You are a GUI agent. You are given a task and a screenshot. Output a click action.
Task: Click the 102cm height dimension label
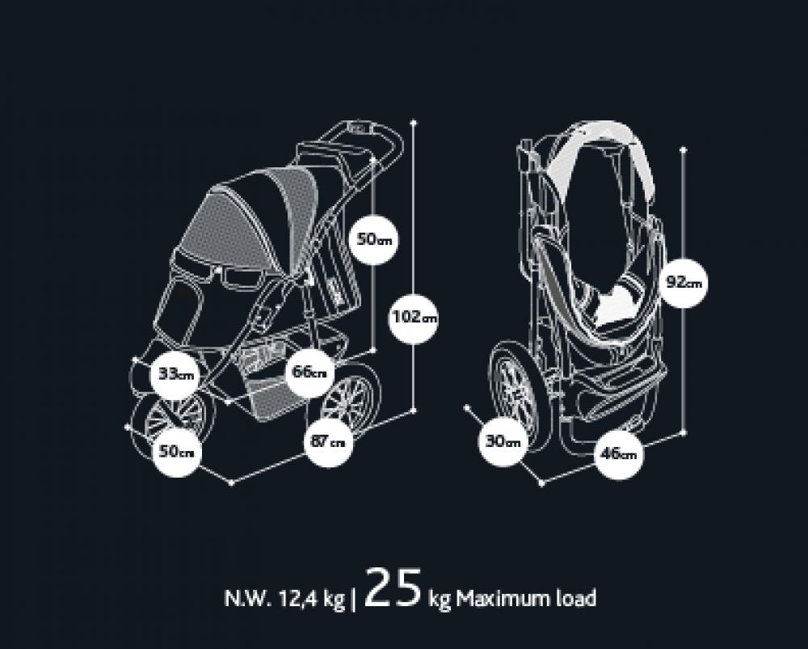413,317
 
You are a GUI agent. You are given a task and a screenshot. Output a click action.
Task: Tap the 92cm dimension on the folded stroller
684,283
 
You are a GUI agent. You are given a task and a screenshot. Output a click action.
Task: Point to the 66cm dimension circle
309,373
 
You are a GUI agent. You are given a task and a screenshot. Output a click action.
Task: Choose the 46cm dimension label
617,453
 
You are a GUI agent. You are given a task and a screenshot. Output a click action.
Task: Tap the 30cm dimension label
503,443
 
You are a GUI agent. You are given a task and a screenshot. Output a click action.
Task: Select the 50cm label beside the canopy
372,240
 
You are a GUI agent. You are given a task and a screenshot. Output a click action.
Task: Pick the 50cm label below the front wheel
176,451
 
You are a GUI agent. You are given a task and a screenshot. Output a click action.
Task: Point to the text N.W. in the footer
244,599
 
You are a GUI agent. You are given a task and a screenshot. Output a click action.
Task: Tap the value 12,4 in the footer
290,599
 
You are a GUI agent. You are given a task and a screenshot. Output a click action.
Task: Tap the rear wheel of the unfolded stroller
350,402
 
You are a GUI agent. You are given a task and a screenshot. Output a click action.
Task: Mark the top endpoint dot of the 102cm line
414,123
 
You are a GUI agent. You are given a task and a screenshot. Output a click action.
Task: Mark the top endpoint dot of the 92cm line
684,148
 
